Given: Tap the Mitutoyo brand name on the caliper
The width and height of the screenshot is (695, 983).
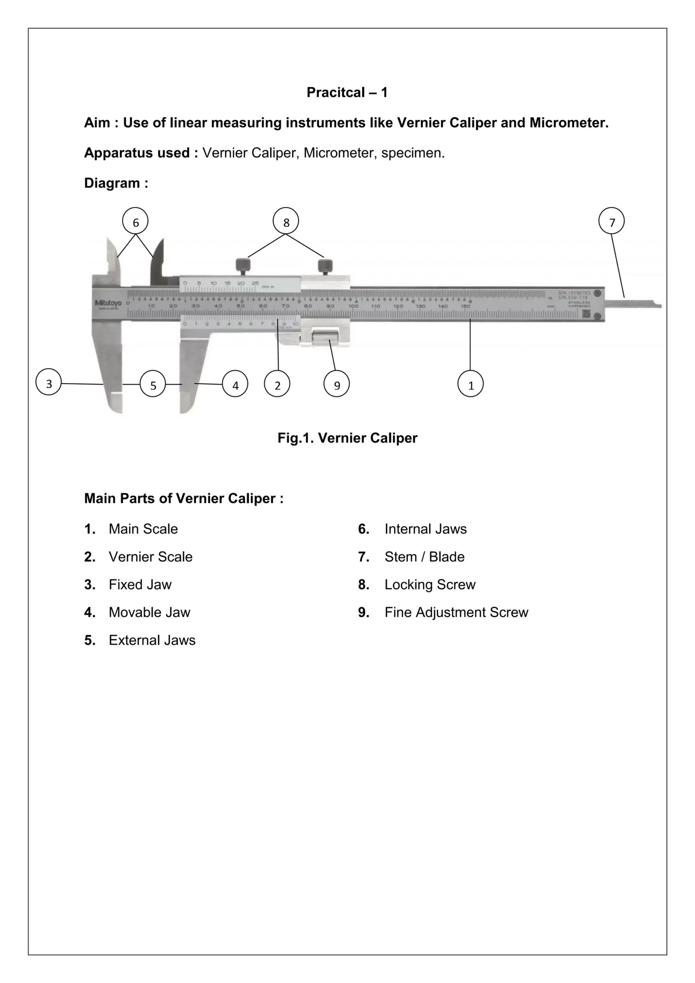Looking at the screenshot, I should (108, 303).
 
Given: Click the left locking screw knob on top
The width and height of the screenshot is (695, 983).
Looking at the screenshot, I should (243, 264).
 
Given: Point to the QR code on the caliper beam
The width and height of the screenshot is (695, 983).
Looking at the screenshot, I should (586, 314).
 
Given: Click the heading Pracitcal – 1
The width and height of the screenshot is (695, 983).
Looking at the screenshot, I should (347, 92).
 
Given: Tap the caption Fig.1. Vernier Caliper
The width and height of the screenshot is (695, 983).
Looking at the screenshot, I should (347, 438).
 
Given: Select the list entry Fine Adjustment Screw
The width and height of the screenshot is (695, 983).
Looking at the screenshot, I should (456, 612).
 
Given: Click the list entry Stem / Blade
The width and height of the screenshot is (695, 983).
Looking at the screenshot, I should (424, 556).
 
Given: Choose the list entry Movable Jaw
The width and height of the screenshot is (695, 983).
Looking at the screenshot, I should (149, 612).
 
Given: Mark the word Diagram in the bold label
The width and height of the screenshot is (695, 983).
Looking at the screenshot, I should (112, 183).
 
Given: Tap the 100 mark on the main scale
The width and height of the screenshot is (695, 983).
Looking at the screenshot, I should (353, 306).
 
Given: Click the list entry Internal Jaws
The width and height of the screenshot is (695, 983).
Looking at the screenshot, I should (425, 529).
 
